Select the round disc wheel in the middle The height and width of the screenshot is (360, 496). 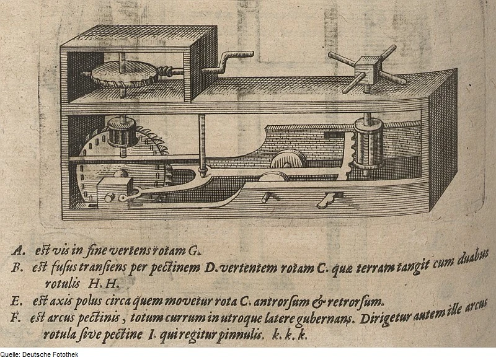coord(288,160)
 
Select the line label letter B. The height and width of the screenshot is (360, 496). coord(16,268)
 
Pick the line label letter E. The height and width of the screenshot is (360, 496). coord(16,301)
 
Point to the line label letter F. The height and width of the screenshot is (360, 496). coord(15,317)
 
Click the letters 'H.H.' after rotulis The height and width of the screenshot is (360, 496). coord(104,284)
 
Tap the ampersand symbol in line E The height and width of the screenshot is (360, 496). coord(318,302)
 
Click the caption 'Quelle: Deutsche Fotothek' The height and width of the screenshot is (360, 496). coord(39,354)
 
